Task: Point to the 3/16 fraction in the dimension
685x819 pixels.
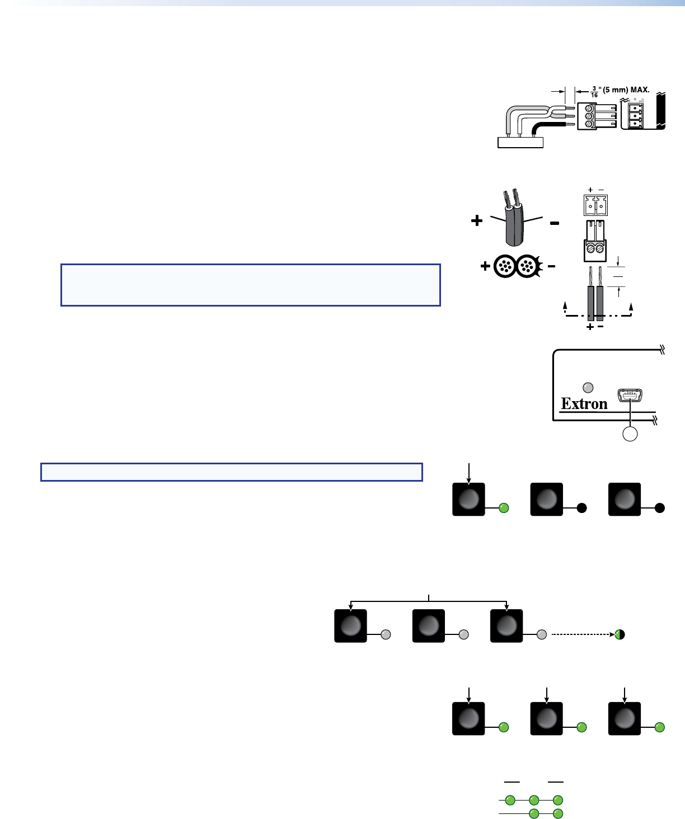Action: pos(594,92)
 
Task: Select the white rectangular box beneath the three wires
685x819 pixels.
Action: pos(520,142)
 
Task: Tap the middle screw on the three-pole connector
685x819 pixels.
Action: pos(588,116)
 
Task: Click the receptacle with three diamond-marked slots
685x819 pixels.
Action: pos(635,115)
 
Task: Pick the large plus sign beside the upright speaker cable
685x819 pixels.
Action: pos(477,222)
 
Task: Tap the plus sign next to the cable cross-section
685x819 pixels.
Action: pos(485,267)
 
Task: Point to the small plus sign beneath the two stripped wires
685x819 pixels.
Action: pos(590,327)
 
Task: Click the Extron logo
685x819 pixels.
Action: pos(584,404)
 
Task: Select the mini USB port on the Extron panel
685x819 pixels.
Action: pos(630,396)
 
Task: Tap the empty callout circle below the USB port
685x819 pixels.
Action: pos(630,434)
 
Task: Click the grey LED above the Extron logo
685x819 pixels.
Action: pos(588,388)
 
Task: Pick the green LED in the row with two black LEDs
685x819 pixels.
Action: pos(504,508)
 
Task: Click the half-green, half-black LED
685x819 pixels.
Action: pos(620,634)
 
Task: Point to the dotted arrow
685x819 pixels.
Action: pos(582,634)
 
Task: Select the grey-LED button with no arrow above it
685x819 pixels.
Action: pos(429,625)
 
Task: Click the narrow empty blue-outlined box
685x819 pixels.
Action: pos(231,472)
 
